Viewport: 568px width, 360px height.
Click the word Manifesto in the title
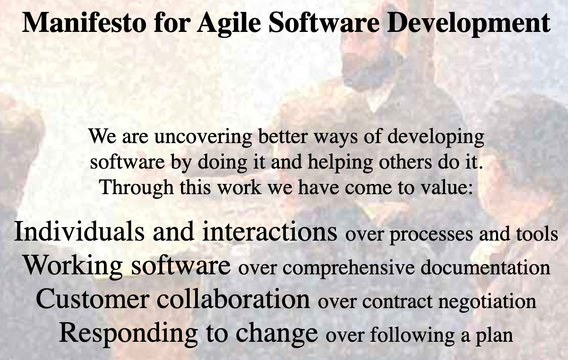(84, 22)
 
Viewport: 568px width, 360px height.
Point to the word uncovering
(203, 137)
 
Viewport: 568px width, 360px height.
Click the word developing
(436, 137)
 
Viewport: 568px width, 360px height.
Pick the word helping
(340, 163)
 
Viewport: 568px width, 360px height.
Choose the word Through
(137, 188)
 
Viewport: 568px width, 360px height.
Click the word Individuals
(79, 231)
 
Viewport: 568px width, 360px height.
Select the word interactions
(270, 231)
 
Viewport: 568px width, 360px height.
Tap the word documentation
(485, 267)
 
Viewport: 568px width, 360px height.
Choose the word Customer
(92, 299)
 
